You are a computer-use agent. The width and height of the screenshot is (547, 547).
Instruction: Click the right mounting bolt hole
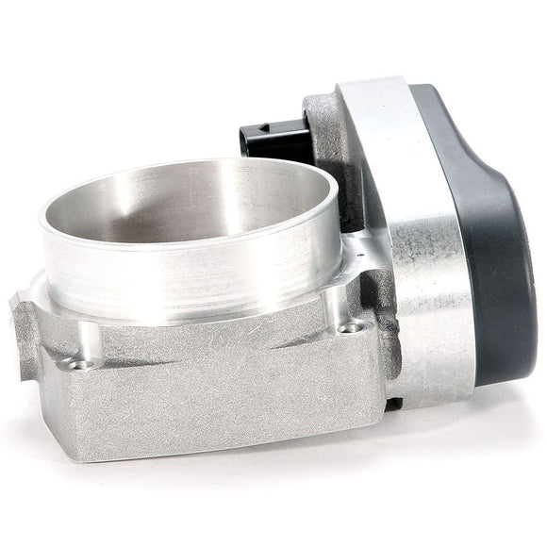353,328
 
